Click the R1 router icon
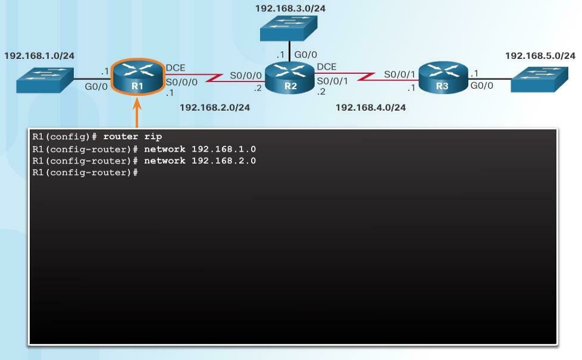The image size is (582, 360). pyautogui.click(x=137, y=77)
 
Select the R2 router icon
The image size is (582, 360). pyautogui.click(x=290, y=77)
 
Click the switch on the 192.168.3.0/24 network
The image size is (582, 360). pyautogui.click(x=289, y=27)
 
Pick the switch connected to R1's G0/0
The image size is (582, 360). pyautogui.click(x=45, y=80)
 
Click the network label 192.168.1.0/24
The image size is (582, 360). pyautogui.click(x=39, y=55)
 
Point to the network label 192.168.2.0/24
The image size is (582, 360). pyautogui.click(x=214, y=108)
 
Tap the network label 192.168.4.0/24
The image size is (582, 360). pyautogui.click(x=371, y=108)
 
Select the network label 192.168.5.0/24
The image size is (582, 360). pyautogui.click(x=540, y=55)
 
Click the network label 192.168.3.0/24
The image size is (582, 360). pyautogui.click(x=290, y=8)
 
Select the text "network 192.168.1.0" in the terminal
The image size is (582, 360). pyautogui.click(x=200, y=149)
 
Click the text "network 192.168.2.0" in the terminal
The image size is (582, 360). pyautogui.click(x=200, y=161)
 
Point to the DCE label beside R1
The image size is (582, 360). pyautogui.click(x=175, y=68)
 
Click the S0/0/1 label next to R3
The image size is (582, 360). pyautogui.click(x=399, y=74)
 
